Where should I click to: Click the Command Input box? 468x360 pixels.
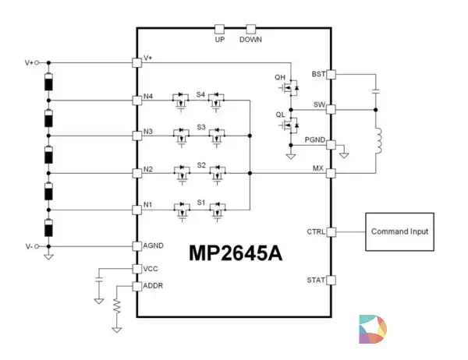pos(399,231)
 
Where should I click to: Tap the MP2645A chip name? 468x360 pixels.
pos(236,253)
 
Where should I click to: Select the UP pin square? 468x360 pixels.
pos(220,30)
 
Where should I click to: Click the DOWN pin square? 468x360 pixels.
pos(250,30)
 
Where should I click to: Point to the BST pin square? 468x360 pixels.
pos(331,75)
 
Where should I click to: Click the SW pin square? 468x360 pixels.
pos(331,109)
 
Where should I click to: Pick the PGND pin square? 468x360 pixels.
pos(331,145)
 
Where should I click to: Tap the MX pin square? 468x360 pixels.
pos(331,173)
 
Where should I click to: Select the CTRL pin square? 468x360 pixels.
pos(331,231)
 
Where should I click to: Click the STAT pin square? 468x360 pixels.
pos(331,281)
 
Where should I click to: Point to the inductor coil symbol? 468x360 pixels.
pos(378,141)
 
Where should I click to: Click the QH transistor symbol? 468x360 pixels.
pos(289,88)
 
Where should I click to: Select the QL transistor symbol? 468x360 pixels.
pos(289,125)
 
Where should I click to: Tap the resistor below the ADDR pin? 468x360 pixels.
pos(117,306)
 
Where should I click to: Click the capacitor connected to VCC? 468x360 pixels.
pos(99,280)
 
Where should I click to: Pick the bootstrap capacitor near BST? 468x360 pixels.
pos(376,91)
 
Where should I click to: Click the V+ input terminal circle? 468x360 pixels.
pos(37,62)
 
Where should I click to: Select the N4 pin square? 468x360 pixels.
pos(136,101)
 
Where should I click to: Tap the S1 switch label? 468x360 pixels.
pos(201,203)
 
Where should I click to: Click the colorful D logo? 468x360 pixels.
pos(373,329)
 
